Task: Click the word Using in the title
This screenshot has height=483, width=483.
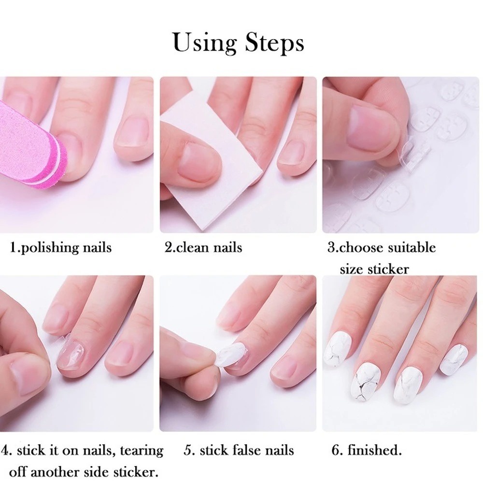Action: (205, 42)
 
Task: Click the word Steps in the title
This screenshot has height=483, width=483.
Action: (274, 43)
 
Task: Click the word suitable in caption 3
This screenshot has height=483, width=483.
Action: (412, 248)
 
